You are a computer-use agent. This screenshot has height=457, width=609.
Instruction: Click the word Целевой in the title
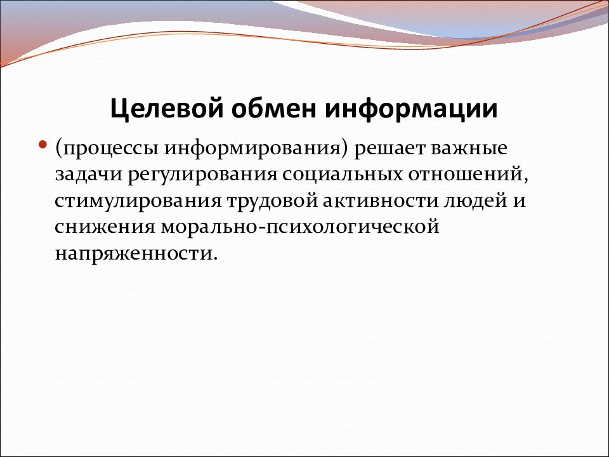pos(167,109)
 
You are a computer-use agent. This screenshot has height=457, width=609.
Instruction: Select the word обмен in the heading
pos(274,109)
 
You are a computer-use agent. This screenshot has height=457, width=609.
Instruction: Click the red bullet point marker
pos(43,145)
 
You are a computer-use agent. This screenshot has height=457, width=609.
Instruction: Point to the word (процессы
pos(107,149)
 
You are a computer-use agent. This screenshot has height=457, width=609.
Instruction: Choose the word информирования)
pos(256,149)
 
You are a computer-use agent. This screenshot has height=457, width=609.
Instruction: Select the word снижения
pos(105,228)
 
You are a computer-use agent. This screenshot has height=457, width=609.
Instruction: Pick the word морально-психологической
pos(300,228)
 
